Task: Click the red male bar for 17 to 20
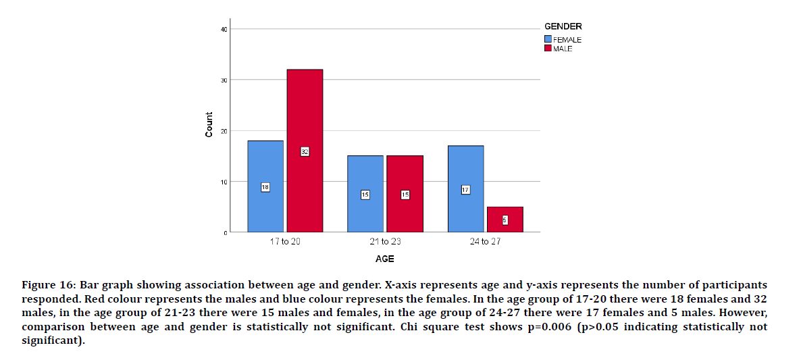click(x=305, y=122)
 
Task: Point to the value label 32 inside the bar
click(x=305, y=152)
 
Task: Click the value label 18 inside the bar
click(x=265, y=187)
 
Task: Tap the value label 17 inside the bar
click(x=465, y=190)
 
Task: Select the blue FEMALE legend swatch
click(x=548, y=40)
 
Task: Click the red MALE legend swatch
click(x=548, y=49)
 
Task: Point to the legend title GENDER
click(x=563, y=26)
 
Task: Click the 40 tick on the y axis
click(x=224, y=29)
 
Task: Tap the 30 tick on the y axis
click(x=224, y=80)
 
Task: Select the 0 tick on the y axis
click(x=226, y=232)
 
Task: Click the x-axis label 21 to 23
click(x=385, y=242)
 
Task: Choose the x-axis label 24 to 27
click(x=485, y=242)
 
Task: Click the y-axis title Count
click(x=209, y=125)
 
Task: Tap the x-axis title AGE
click(x=384, y=259)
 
